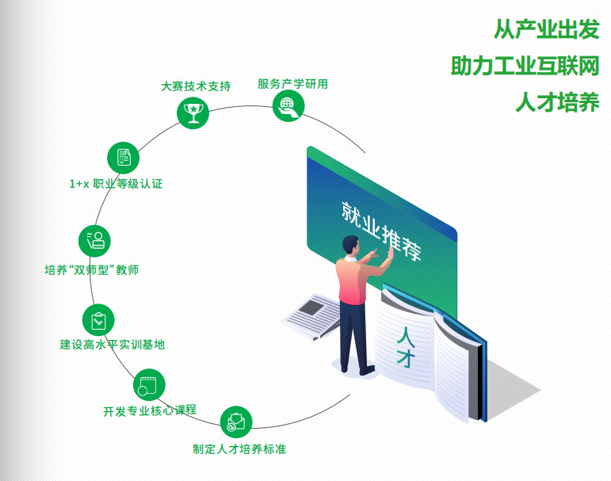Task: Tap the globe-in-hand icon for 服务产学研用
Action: [x=287, y=105]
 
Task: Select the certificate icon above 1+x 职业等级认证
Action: [x=122, y=156]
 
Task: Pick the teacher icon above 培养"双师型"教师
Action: [x=94, y=239]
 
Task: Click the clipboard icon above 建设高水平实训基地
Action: [x=97, y=319]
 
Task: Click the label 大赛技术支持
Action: [x=196, y=86]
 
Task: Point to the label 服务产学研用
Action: [x=292, y=83]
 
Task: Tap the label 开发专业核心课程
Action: [x=150, y=410]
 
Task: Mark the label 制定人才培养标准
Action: [x=239, y=449]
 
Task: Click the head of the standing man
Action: [x=351, y=246]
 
